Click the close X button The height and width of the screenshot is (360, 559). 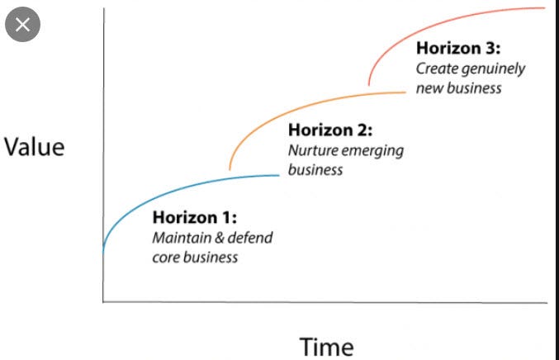21,25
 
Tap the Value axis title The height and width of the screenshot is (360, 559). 34,148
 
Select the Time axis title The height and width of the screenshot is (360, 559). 325,346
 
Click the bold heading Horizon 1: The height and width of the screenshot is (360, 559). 195,219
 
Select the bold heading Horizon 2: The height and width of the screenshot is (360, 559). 330,130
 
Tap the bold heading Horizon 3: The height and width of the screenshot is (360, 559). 458,49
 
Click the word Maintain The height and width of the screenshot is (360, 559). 176,238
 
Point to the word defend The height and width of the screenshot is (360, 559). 249,238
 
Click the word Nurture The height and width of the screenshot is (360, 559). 310,150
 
